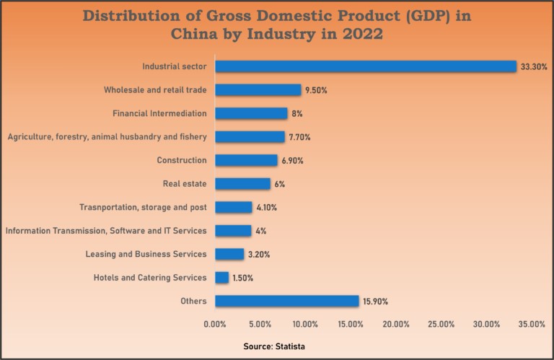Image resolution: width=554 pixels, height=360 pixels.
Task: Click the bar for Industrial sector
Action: tap(366, 66)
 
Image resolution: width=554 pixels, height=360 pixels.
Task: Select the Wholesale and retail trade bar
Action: tap(258, 90)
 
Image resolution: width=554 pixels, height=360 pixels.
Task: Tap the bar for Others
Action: tap(286, 301)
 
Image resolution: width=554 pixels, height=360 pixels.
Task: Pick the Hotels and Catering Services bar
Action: tap(221, 278)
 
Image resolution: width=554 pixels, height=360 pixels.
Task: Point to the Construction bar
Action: tap(246, 160)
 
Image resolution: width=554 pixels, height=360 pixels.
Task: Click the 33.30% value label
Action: tap(534, 66)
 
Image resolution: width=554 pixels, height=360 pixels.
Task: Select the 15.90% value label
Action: tap(376, 301)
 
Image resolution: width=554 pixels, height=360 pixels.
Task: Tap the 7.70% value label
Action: tap(302, 137)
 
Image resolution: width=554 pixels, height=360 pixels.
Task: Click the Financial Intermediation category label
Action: tap(159, 113)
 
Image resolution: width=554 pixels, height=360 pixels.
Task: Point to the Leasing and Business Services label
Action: tap(146, 254)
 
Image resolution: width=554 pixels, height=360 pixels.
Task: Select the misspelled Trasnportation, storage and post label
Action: tap(143, 207)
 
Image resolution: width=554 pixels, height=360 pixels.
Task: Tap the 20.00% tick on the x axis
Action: tap(396, 325)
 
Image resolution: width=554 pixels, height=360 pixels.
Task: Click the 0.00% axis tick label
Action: tap(215, 325)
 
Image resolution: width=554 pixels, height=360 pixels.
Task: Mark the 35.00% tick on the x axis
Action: tap(532, 325)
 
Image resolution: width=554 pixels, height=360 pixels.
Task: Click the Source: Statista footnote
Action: tap(274, 347)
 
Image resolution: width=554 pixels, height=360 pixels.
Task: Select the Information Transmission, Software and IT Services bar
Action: tap(233, 231)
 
